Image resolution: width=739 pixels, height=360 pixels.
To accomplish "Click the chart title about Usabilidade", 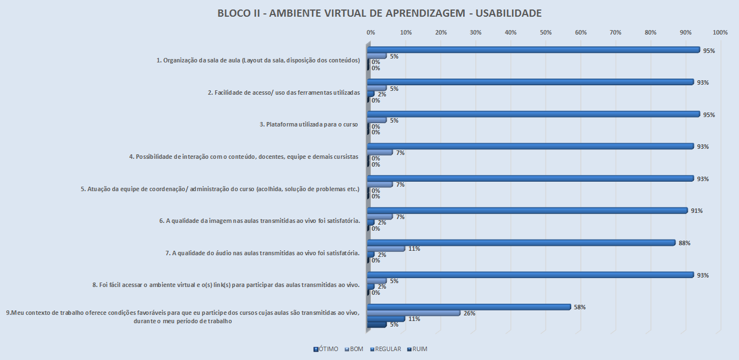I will (x=369, y=13).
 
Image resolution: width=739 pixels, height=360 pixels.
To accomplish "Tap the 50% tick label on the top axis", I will (x=546, y=33).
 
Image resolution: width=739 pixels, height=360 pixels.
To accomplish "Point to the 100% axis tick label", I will (x=720, y=33).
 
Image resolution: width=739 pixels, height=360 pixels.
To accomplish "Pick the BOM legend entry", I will (x=353, y=349).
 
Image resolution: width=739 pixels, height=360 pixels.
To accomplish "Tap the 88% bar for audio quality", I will (x=521, y=243).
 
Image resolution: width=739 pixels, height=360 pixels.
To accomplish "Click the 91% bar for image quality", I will (x=527, y=211).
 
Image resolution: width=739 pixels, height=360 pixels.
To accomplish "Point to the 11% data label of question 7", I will (x=414, y=249).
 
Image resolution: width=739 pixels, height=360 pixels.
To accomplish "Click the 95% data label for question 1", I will (x=709, y=51).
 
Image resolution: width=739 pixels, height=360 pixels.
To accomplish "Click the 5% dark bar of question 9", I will (x=377, y=325).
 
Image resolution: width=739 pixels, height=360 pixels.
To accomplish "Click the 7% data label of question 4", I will (x=400, y=153).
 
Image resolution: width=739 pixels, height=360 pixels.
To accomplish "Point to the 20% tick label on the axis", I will (x=441, y=33).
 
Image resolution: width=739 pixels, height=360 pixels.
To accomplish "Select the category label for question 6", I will (x=260, y=221).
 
